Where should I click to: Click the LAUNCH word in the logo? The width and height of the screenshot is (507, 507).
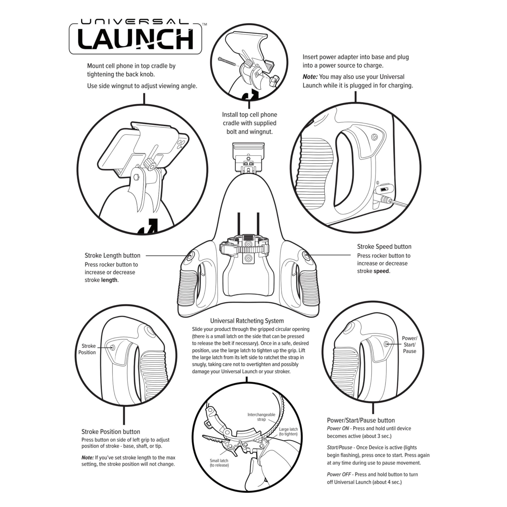(136, 39)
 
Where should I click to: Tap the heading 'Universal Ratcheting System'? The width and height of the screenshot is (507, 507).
(247, 321)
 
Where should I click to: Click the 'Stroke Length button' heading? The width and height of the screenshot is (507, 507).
(112, 255)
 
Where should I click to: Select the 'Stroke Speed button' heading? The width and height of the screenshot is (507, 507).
(384, 246)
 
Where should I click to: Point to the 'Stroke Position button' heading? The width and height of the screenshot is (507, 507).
(111, 432)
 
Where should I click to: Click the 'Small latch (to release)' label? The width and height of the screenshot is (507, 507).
(219, 463)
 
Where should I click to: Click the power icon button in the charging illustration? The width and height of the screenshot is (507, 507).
(375, 137)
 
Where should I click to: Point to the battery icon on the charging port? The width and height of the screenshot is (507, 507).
(384, 189)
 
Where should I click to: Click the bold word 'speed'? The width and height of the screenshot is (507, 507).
(381, 271)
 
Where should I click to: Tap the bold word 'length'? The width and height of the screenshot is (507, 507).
(109, 280)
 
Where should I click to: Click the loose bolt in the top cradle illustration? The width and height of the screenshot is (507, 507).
(228, 62)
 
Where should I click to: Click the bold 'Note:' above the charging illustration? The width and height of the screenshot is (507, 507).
(310, 77)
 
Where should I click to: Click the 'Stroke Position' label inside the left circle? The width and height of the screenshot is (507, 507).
(87, 349)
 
